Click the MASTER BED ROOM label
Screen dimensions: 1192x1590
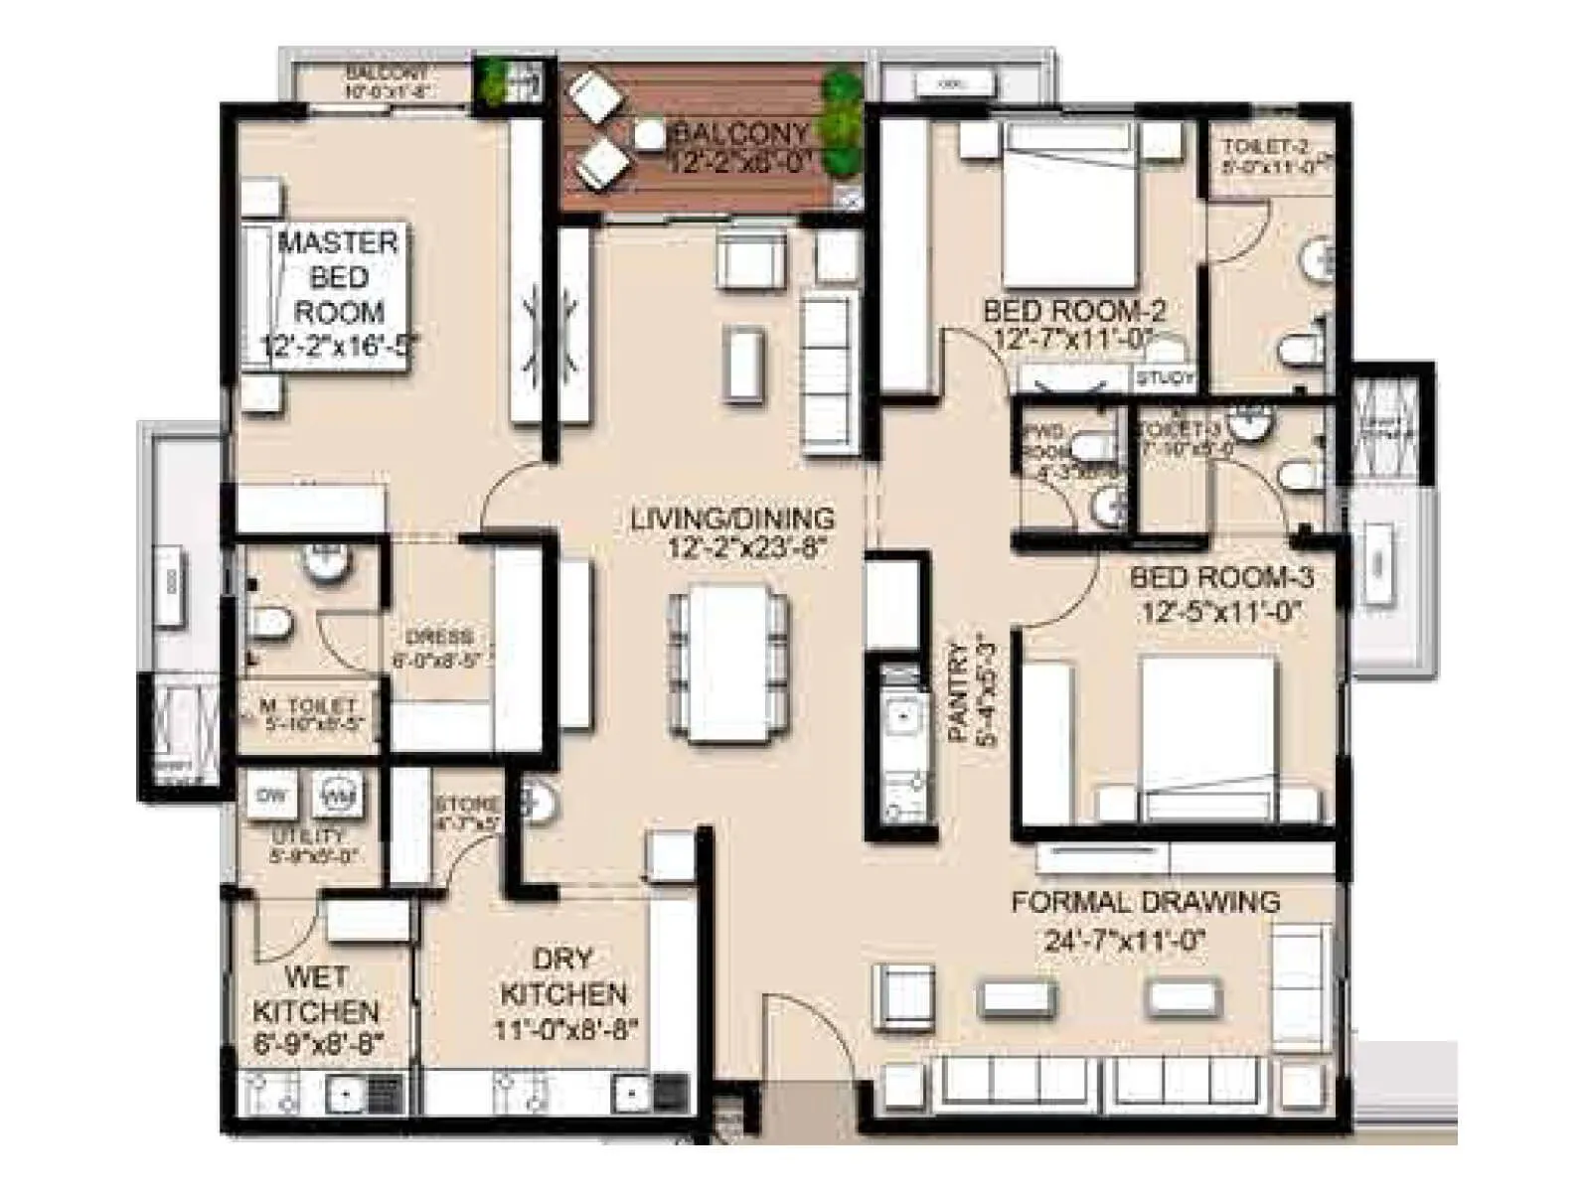pos(338,277)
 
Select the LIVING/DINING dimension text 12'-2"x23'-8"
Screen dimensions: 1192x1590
pos(732,548)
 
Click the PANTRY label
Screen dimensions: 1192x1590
pos(959,692)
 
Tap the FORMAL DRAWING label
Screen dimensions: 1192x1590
pos(1145,903)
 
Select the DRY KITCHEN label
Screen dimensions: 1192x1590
pos(563,977)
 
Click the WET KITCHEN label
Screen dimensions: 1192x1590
pos(316,994)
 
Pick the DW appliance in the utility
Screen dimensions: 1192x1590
pos(271,796)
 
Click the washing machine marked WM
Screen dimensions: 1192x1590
pos(337,795)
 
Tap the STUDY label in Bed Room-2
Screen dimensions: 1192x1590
pos(1165,378)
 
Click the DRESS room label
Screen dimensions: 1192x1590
pos(438,637)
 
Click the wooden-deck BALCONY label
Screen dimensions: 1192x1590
pos(741,133)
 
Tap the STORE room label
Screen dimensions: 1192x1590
pos(466,804)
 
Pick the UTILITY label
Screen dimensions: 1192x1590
pos(308,836)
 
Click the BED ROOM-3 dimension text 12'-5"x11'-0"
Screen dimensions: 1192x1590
pos(1221,613)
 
